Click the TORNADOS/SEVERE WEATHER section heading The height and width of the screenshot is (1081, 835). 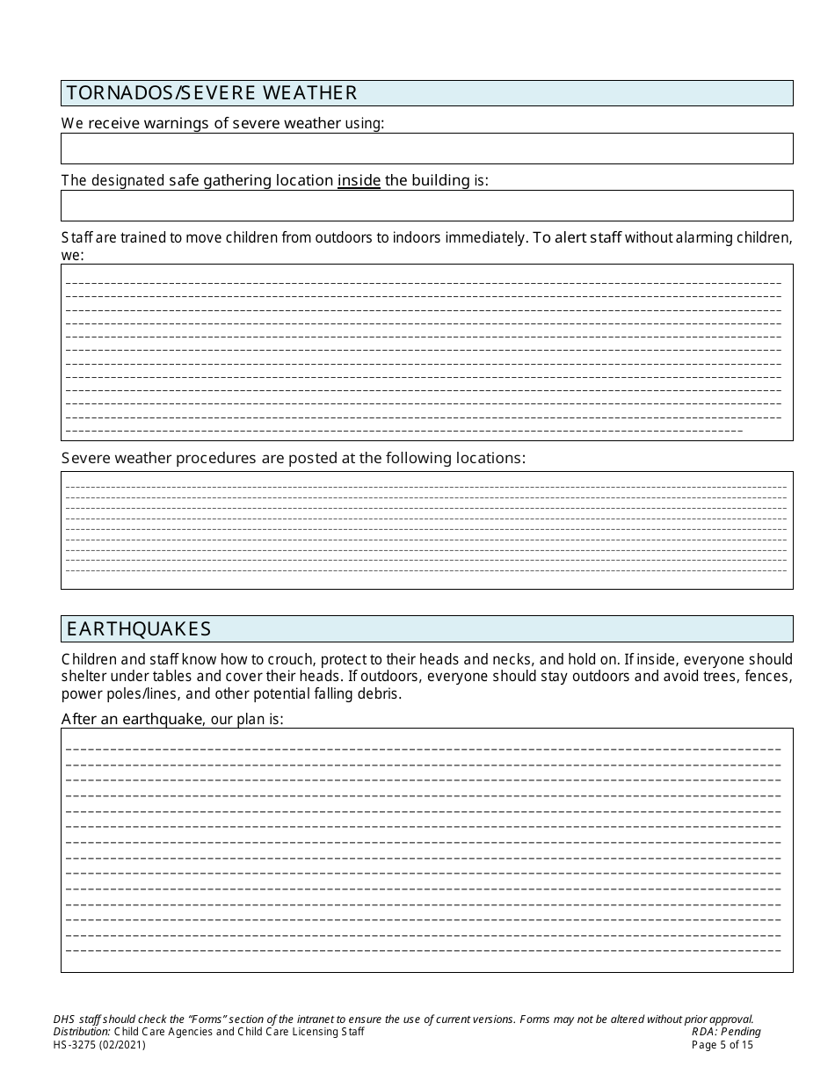pos(211,93)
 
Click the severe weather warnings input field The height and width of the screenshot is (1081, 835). pos(426,149)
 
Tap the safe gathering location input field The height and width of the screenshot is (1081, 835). pos(426,206)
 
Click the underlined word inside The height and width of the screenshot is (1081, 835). pos(359,181)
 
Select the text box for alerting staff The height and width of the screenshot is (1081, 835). pos(426,352)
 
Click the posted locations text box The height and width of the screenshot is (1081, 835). pos(426,530)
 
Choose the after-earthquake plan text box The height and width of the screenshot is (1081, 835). pos(426,850)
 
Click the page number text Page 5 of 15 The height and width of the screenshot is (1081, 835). pos(722,1045)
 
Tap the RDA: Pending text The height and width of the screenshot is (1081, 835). pos(726,1032)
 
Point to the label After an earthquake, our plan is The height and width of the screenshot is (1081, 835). pos(172,719)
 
